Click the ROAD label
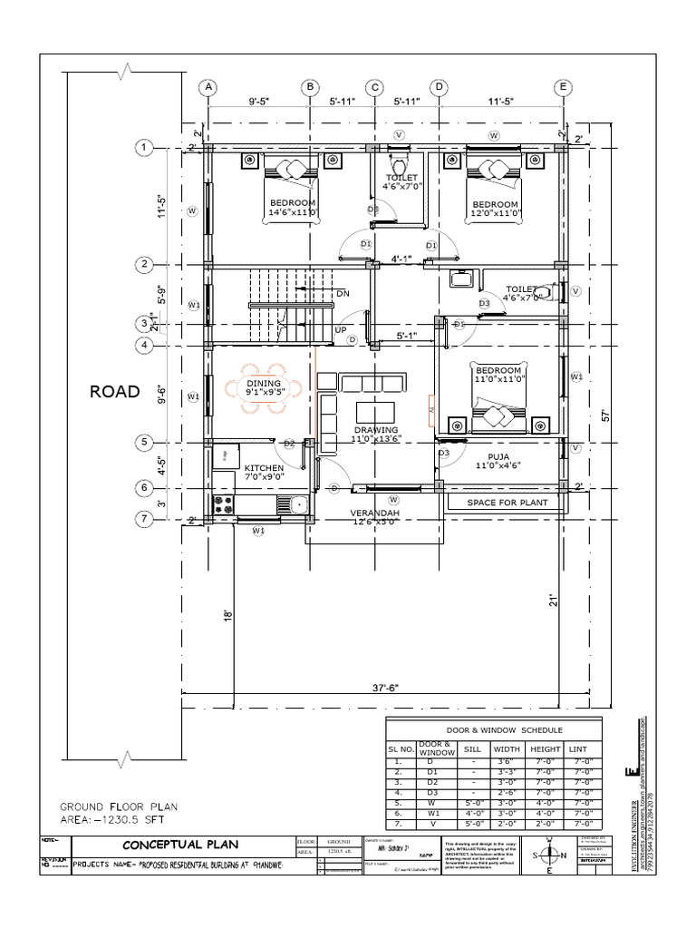pyautogui.click(x=114, y=392)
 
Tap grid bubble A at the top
pyautogui.click(x=208, y=87)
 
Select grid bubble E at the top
pyautogui.click(x=563, y=87)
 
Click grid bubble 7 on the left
pyautogui.click(x=142, y=519)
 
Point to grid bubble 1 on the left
pyautogui.click(x=142, y=147)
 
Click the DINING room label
pyautogui.click(x=264, y=384)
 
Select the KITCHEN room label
pyautogui.click(x=264, y=468)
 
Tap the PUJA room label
pyautogui.click(x=498, y=457)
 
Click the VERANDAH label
pyautogui.click(x=375, y=513)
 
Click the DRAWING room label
pyautogui.click(x=376, y=429)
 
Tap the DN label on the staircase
pyautogui.click(x=343, y=294)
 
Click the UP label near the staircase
pyautogui.click(x=343, y=329)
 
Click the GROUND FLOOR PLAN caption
pyautogui.click(x=118, y=806)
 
